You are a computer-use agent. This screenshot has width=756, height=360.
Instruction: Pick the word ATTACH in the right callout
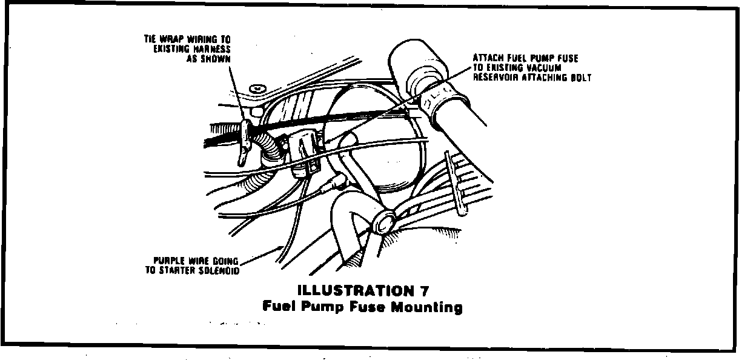pos(486,58)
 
